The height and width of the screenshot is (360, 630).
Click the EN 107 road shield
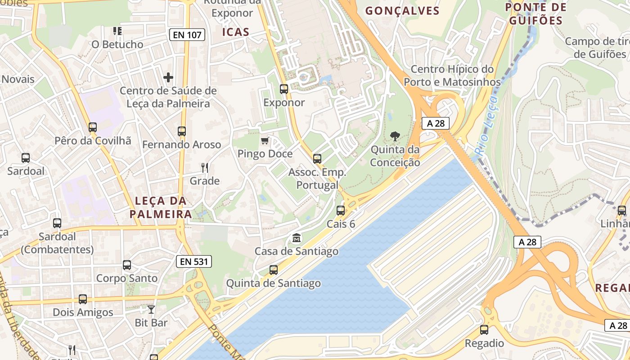pos(188,35)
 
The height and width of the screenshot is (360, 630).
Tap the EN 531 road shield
pos(193,261)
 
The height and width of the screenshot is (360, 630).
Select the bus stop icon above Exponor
pos(284,89)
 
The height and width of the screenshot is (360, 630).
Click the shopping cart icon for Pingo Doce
pos(265,141)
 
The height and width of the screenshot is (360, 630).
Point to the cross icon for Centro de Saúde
pos(168,77)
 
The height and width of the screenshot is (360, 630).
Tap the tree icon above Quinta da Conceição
pos(395,136)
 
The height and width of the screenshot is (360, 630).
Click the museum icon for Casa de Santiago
pos(297,238)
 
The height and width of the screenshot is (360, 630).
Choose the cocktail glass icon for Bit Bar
pos(151,310)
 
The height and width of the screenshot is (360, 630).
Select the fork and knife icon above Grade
pos(205,168)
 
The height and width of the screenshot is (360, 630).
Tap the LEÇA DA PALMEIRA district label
pos(161,207)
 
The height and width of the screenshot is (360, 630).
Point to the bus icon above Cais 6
pos(341,211)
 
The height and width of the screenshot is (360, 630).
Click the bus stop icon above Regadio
pos(484,330)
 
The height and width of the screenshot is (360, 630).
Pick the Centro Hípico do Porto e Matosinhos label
pos(452,76)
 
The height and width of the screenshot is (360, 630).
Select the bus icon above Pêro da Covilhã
pos(93,127)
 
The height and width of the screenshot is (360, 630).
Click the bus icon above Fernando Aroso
pos(182,131)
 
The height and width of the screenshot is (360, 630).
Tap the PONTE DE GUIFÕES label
pos(535,14)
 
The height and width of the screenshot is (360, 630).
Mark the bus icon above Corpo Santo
pos(127,265)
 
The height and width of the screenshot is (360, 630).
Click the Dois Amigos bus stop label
pos(83,312)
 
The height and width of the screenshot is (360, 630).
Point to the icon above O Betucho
pos(117,31)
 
